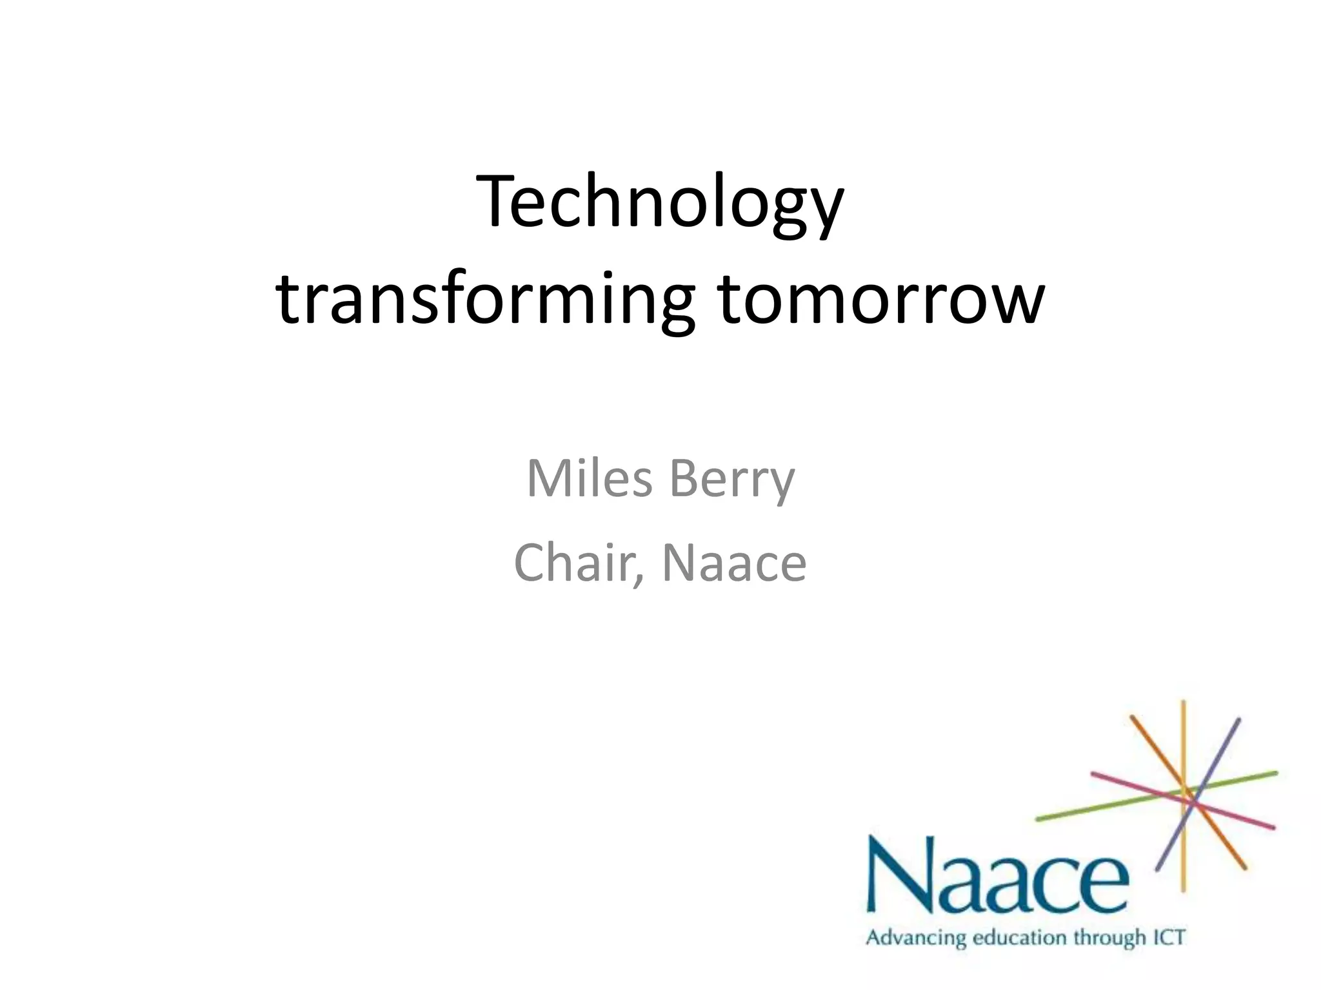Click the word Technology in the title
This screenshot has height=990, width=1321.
coord(660,203)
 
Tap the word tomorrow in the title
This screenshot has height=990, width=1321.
coord(880,298)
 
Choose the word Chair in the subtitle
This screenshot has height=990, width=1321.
coord(576,563)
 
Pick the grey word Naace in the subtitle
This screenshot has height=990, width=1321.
coord(735,563)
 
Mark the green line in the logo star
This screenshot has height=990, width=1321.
coord(1157,796)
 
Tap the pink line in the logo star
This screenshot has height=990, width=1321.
coord(1183,800)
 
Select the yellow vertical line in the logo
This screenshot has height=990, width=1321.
coord(1184,797)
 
